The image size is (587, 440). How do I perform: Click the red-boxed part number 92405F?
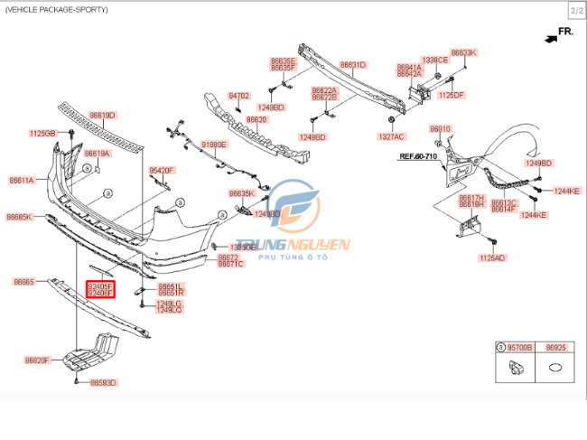pos(100,286)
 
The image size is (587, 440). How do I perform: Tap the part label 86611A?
pos(22,181)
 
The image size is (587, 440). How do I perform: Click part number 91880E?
pos(214,145)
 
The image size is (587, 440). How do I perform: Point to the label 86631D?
pos(353,65)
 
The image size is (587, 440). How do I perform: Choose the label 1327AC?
pos(392,136)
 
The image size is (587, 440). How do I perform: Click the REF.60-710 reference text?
pos(418,156)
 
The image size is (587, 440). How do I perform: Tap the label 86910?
pos(440,129)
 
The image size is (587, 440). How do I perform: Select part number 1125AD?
pos(492,257)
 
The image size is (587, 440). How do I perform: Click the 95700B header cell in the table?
pos(522,347)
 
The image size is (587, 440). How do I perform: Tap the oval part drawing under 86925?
pos(556,369)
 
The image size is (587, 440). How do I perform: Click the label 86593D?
pos(104,383)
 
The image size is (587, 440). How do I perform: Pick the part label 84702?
pos(238,95)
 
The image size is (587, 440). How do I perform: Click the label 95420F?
pos(162,170)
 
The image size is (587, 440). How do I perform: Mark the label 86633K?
pos(463,53)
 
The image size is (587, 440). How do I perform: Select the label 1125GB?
pos(42,134)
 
